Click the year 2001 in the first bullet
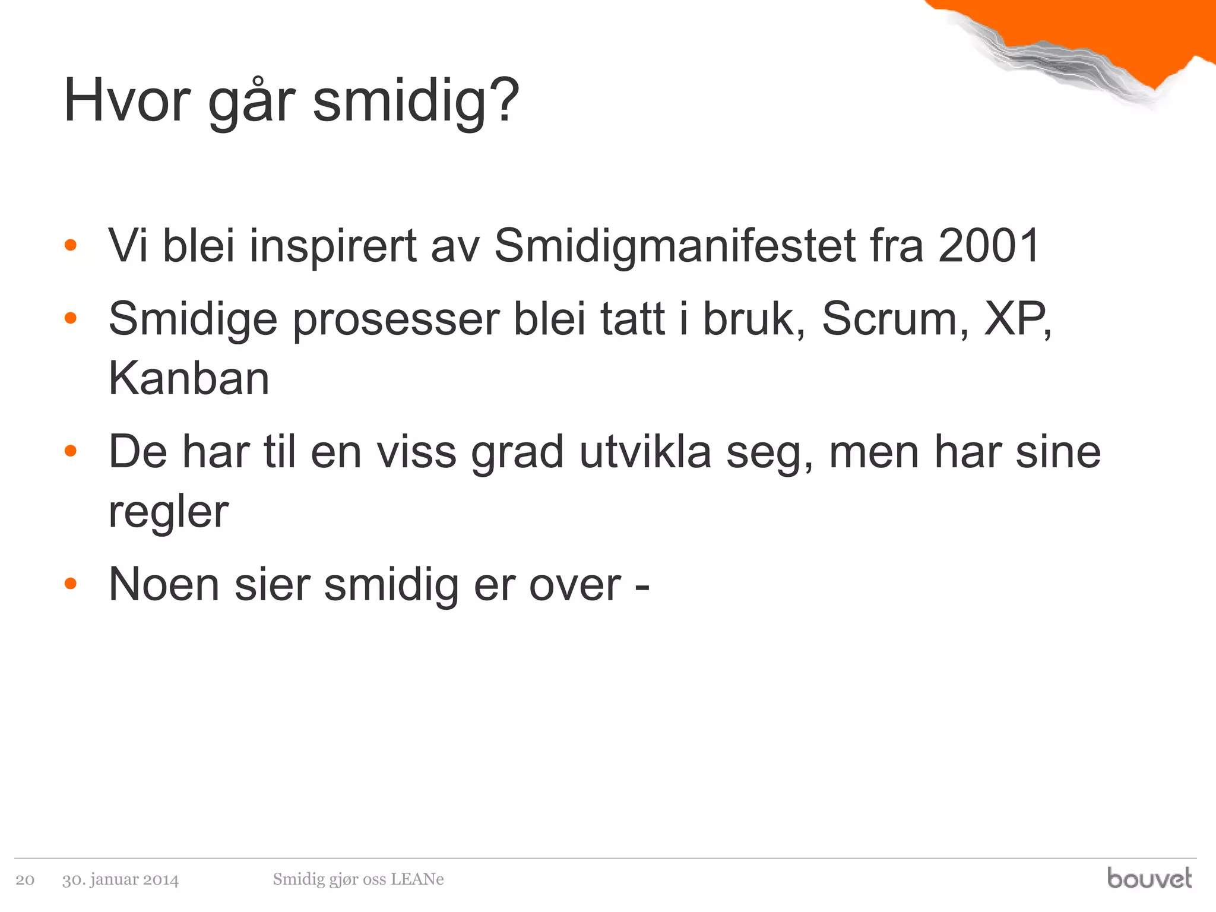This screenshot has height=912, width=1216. tap(988, 246)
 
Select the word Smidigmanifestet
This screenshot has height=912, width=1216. tap(674, 246)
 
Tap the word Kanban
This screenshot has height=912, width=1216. tap(189, 378)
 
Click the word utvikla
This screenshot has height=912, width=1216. tap(645, 452)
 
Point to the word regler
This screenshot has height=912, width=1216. tap(168, 512)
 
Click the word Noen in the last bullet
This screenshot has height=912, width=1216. tap(164, 585)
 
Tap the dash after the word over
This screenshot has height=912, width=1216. tap(642, 586)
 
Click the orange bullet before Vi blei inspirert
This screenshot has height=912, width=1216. tap(71, 245)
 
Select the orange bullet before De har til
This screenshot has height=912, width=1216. tap(71, 451)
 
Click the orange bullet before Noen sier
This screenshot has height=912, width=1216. tap(71, 584)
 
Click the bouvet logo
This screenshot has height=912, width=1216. tap(1149, 878)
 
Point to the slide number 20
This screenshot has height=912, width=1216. tap(25, 879)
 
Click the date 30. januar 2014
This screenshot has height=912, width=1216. tap(121, 879)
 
